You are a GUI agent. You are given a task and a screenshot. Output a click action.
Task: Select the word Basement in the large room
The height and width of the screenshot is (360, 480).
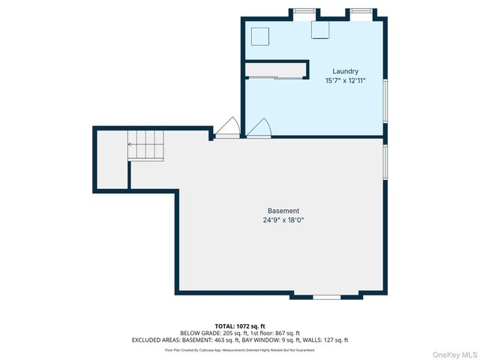[x=283, y=211]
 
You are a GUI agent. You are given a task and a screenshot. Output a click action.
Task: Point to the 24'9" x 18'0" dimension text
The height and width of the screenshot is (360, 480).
[x=283, y=220]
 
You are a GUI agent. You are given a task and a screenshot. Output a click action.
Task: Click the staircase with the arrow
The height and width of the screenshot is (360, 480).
[x=145, y=144]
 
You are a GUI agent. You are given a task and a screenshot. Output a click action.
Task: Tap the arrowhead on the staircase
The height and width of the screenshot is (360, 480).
[x=130, y=143]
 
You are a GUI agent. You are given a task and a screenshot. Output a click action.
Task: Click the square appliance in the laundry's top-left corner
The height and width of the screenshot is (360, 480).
[x=259, y=37]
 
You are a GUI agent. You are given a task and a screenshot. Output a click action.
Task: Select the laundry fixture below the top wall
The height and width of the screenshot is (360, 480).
[x=320, y=30]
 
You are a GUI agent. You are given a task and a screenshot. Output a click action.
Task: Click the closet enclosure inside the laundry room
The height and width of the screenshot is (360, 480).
[x=276, y=70]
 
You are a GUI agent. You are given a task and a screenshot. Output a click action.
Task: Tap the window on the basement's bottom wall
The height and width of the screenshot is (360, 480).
[x=326, y=298]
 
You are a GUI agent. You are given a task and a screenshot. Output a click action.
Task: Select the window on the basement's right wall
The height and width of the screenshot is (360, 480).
[x=385, y=163]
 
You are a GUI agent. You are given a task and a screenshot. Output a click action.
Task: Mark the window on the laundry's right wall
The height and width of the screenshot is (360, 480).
[x=385, y=100]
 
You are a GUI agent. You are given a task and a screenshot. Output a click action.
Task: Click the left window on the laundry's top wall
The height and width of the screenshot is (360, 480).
[x=303, y=11]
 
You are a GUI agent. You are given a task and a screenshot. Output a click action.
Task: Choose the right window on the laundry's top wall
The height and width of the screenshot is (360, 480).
[x=361, y=11]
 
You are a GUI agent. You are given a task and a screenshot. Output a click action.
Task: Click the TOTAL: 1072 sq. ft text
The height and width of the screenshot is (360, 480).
[x=240, y=326]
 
